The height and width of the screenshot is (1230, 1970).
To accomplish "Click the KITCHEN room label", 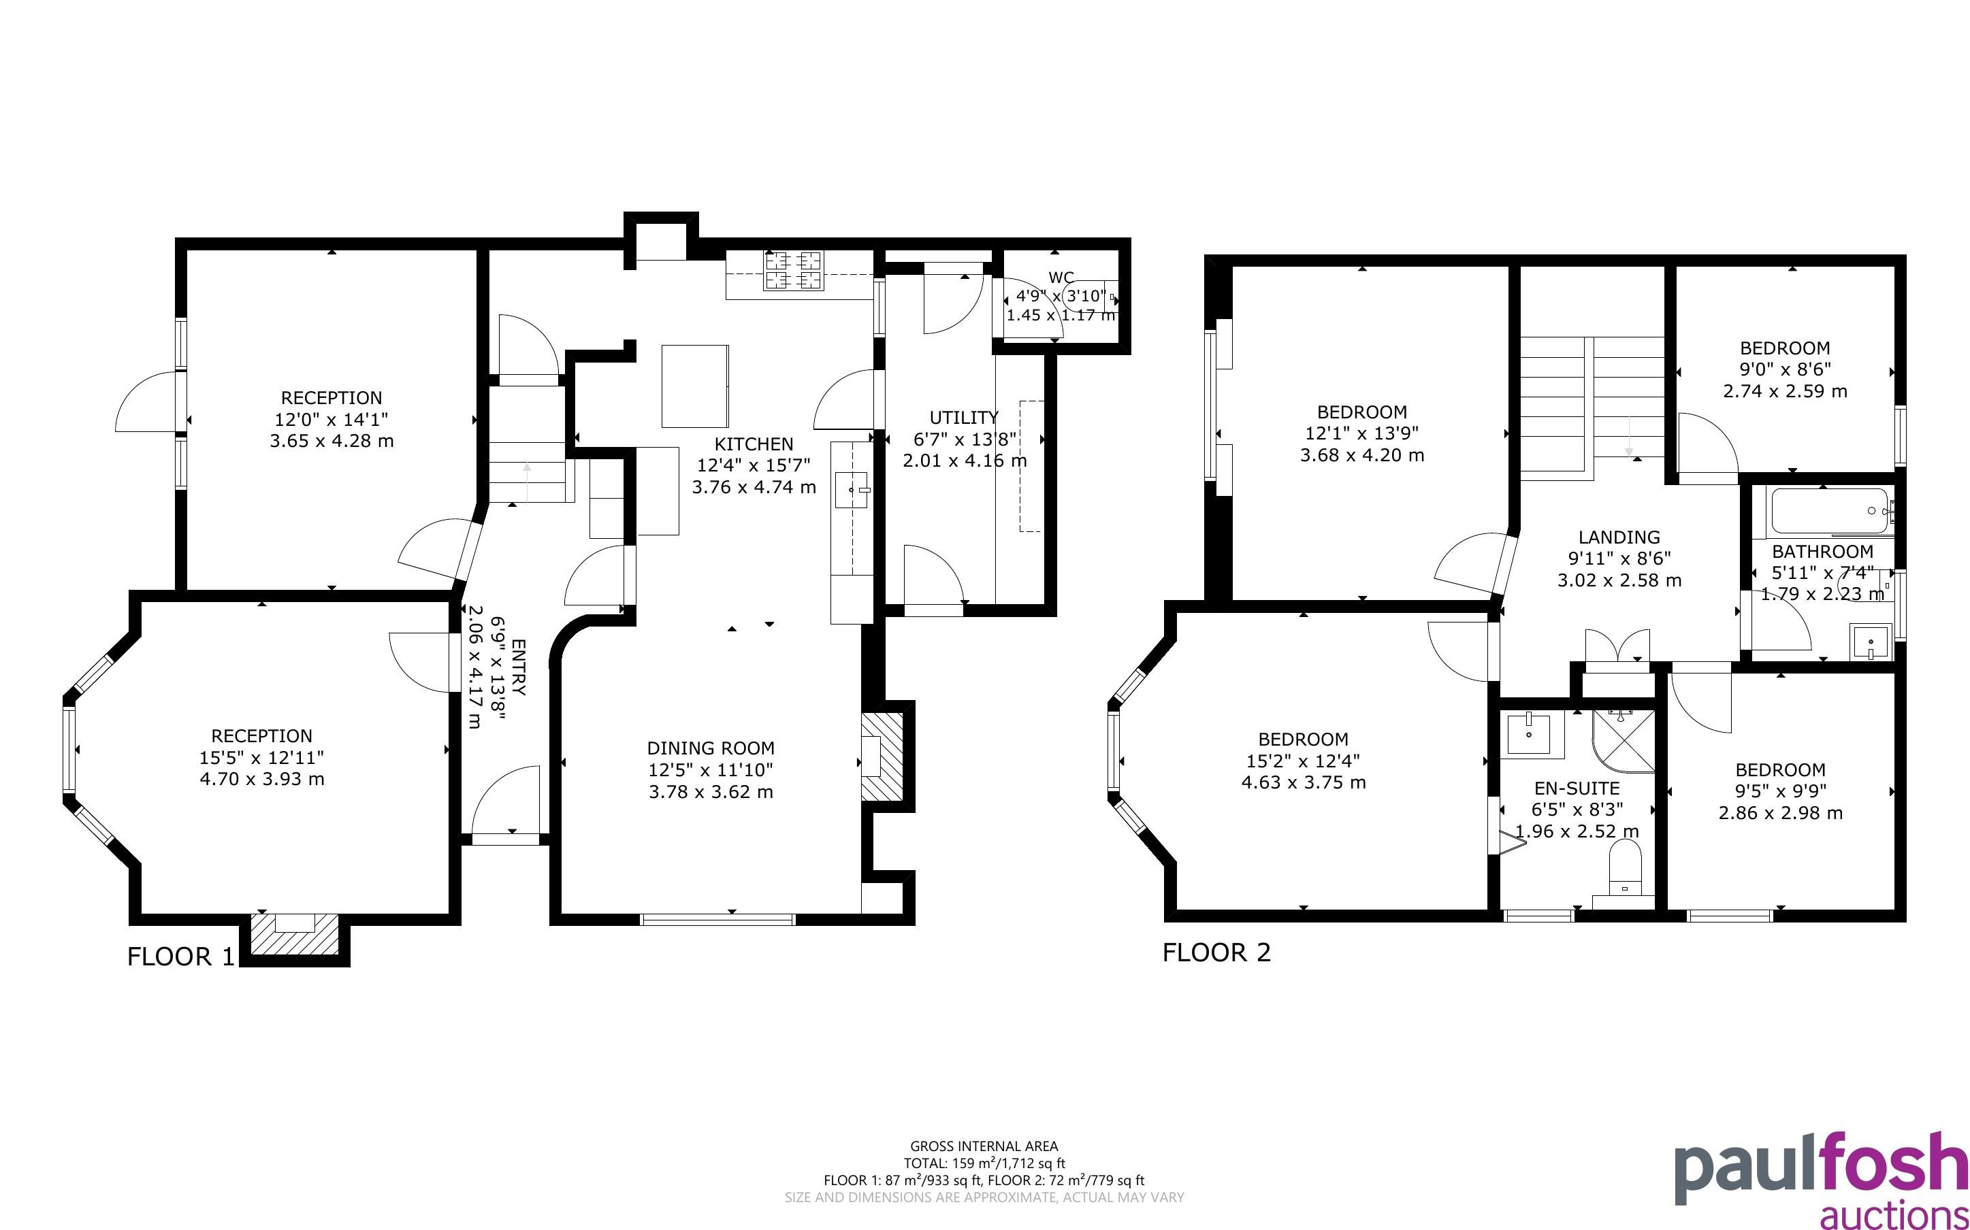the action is [754, 444].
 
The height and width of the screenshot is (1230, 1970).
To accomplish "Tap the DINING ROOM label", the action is [711, 748].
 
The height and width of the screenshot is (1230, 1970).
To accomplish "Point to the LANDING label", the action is [1619, 537].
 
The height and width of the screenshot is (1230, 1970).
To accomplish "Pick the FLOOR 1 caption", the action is [180, 957].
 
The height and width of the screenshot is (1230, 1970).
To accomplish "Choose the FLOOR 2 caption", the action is [1216, 952].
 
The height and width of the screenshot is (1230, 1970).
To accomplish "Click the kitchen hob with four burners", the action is [793, 271].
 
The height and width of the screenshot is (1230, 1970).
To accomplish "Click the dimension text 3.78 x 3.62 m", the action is [711, 791].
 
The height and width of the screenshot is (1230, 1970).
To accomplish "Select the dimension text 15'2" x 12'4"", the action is [1303, 761].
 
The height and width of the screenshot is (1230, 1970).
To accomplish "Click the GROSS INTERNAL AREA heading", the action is [984, 1147].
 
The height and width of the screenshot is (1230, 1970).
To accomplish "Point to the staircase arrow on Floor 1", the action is [526, 480].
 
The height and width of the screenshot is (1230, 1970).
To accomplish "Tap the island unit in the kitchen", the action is [695, 386].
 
